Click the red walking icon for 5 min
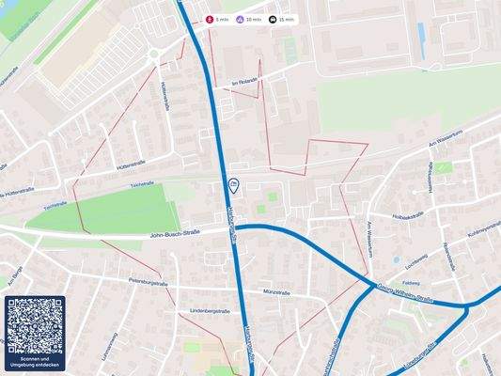pyautogui.click(x=210, y=19)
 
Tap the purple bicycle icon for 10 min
pyautogui.click(x=241, y=19)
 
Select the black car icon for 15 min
pyautogui.click(x=273, y=19)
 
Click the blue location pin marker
pyautogui.click(x=234, y=185)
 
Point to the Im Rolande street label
pyautogui.click(x=243, y=83)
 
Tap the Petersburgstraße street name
pyautogui.click(x=149, y=282)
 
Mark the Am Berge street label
pyautogui.click(x=14, y=279)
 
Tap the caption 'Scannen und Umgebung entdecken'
pyautogui.click(x=35, y=363)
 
